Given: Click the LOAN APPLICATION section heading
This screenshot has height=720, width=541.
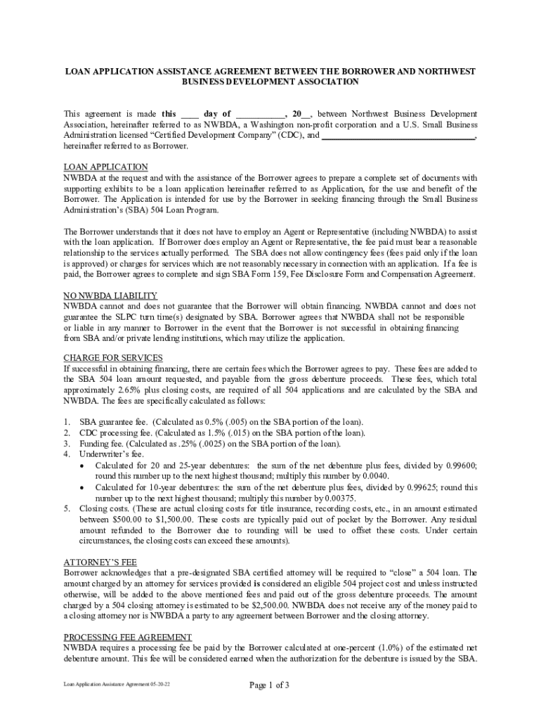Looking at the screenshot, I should pyautogui.click(x=105, y=167).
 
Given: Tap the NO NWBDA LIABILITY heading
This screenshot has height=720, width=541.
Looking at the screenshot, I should pyautogui.click(x=110, y=296).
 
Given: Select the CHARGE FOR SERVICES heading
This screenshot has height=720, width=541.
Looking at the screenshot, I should pyautogui.click(x=113, y=358).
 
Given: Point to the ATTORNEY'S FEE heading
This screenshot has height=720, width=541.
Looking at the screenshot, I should pyautogui.click(x=100, y=562).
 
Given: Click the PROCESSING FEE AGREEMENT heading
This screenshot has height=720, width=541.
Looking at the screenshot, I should pyautogui.click(x=127, y=636).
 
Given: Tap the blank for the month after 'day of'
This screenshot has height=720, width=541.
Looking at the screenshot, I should pyautogui.click(x=259, y=114).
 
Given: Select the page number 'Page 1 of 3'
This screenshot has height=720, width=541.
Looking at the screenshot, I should pyautogui.click(x=270, y=686).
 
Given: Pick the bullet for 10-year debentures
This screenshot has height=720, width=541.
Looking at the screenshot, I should pyautogui.click(x=84, y=487).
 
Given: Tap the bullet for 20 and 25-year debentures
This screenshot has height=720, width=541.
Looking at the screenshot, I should pyautogui.click(x=84, y=466).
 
